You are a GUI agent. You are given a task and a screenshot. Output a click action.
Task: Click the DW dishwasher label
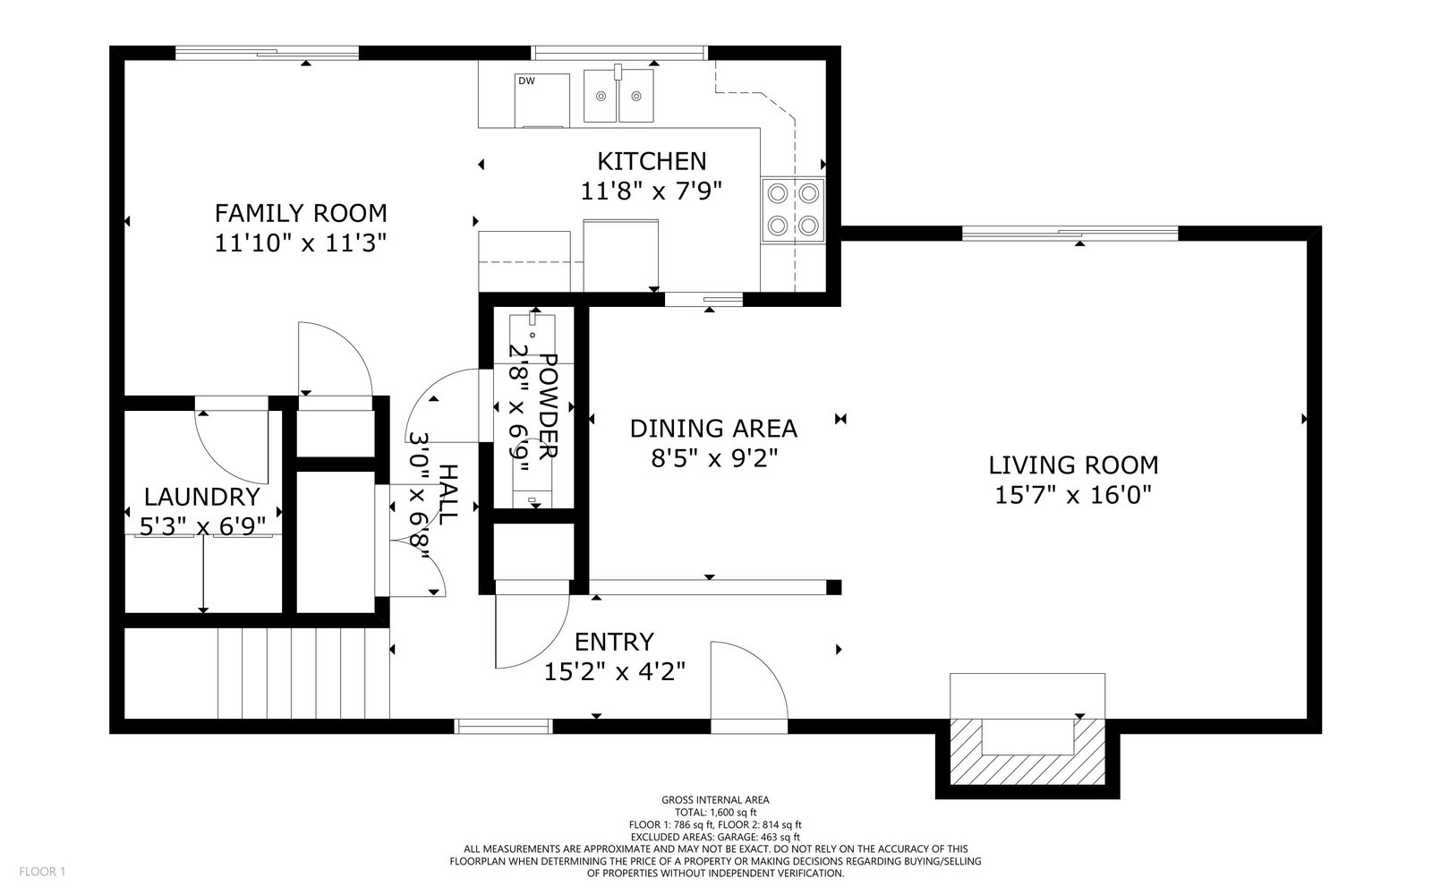(526, 81)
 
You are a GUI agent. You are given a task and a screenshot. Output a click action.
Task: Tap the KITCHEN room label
(652, 162)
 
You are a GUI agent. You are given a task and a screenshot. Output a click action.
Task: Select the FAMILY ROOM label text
(301, 213)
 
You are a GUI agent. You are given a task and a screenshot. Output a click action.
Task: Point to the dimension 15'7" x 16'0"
(1073, 495)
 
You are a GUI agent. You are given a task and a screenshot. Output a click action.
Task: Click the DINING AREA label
(713, 429)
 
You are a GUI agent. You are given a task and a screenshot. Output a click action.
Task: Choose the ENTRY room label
(614, 642)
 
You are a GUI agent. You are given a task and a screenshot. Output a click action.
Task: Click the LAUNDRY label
(202, 497)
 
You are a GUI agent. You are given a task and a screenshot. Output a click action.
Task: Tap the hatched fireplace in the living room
(1027, 752)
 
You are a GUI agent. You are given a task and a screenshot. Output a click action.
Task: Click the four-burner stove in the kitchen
(793, 209)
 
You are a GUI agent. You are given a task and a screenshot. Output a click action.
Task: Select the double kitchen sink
(618, 96)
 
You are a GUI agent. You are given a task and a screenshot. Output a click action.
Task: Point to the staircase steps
(303, 673)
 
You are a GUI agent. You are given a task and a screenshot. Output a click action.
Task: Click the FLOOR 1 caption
(42, 872)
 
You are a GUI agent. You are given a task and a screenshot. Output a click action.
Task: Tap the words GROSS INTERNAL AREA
(715, 800)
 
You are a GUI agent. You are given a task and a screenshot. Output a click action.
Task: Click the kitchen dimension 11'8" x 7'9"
(651, 192)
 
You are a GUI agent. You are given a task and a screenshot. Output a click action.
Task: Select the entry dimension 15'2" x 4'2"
(614, 672)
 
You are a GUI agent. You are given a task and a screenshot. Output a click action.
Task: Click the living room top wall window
(1070, 234)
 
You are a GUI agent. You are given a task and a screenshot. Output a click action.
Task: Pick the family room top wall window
(268, 53)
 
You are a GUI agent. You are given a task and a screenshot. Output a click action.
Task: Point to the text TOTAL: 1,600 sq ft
(715, 813)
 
